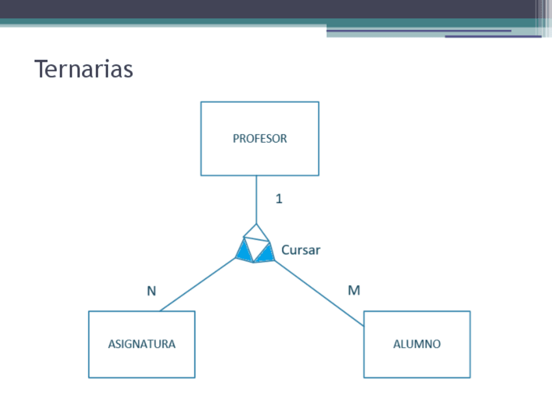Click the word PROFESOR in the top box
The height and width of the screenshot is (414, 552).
(x=260, y=139)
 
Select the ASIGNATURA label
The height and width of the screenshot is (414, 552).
(x=141, y=344)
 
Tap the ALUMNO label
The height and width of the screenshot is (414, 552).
(x=417, y=344)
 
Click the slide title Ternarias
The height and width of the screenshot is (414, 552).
(x=83, y=69)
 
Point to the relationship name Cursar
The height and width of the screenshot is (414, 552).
(x=301, y=250)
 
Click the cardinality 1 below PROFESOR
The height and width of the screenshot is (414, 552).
(x=279, y=199)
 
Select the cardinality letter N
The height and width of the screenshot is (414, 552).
(x=151, y=291)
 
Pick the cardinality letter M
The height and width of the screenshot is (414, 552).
(x=353, y=290)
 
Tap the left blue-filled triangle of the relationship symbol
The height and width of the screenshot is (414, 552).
(x=244, y=252)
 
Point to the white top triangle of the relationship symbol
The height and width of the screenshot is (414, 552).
(x=256, y=232)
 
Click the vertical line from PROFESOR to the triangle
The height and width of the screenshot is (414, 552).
(x=256, y=199)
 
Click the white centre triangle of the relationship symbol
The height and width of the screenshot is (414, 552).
(x=255, y=248)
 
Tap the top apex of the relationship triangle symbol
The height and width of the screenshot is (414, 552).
(x=256, y=224)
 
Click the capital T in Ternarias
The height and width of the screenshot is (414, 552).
(x=41, y=69)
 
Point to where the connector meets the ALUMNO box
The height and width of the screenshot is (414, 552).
(x=364, y=325)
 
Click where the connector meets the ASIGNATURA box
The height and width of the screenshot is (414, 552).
(x=160, y=311)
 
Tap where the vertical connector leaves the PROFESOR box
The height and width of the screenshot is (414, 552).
(x=256, y=176)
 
